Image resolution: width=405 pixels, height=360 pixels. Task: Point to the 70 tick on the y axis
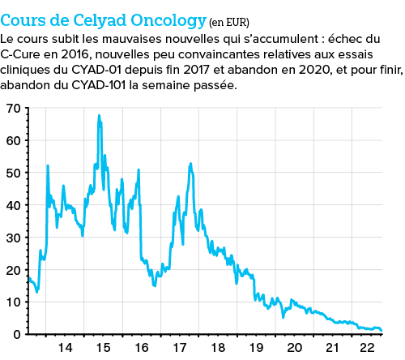[12, 108]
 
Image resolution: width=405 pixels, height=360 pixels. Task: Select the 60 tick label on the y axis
[12, 140]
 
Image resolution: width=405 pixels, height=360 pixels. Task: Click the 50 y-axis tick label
[12, 173]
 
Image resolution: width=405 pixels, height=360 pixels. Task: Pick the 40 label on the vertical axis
[12, 205]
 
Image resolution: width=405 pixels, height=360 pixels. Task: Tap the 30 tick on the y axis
[12, 238]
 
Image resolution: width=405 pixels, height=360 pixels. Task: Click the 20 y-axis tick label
[12, 270]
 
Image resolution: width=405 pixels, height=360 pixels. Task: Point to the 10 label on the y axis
[12, 302]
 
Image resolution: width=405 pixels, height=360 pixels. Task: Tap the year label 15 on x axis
[103, 348]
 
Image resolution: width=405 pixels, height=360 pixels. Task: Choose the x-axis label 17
[179, 348]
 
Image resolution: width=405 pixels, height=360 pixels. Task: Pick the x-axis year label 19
[255, 348]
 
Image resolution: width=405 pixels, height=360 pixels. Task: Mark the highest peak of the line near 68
[99, 115]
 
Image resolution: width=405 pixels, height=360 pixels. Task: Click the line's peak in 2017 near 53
[190, 163]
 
